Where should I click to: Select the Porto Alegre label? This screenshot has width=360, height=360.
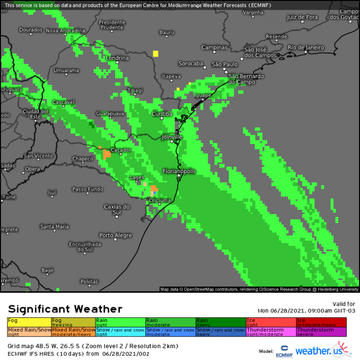[x=115, y=235]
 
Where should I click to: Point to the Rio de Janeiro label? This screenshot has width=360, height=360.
[x=306, y=48]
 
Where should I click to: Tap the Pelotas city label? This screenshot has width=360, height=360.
[x=89, y=281]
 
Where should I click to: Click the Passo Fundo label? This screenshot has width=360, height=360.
[x=87, y=189]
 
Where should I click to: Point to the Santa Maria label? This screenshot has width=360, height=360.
[x=54, y=227]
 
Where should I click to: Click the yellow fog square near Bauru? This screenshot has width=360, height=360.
[x=156, y=53]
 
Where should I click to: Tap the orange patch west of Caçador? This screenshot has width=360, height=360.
[x=107, y=154]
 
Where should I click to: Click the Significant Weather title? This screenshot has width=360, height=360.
[x=65, y=309]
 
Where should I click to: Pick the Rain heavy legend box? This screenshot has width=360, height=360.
[x=220, y=322]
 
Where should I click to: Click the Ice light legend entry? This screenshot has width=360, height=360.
[x=271, y=322]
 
